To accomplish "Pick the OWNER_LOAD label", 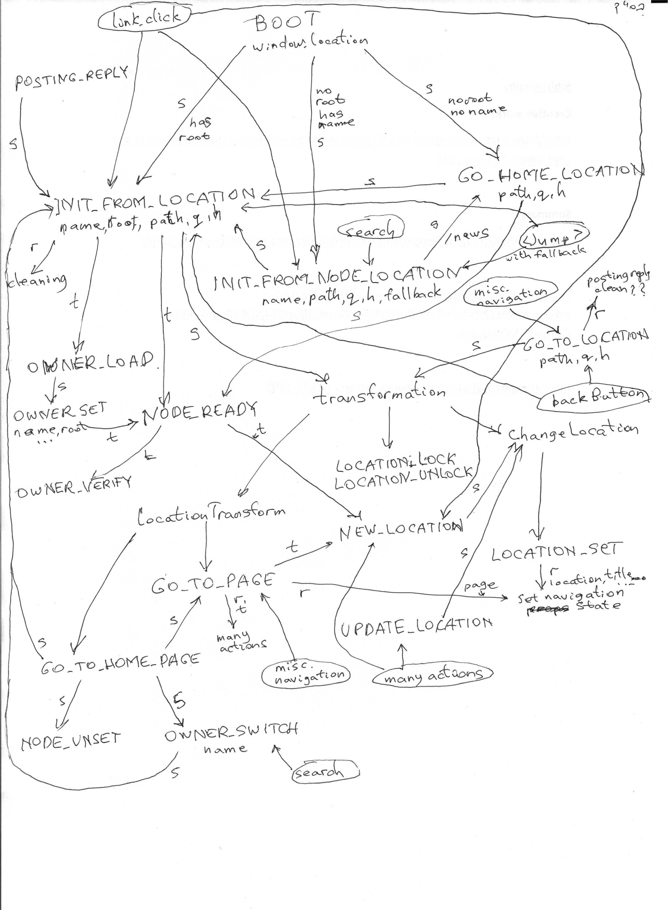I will coord(91,361).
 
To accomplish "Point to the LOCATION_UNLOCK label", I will coord(404,479).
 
